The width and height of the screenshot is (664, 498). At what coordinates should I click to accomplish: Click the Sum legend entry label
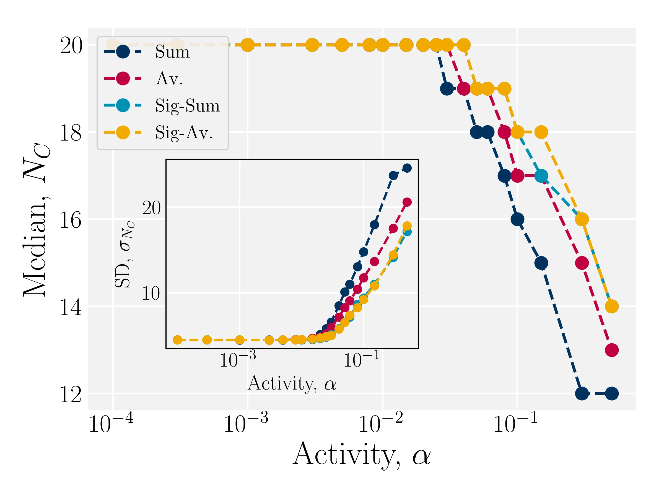[172, 52]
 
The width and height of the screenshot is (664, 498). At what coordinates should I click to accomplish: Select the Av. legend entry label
[169, 79]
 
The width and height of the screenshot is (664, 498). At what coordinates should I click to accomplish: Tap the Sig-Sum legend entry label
[187, 106]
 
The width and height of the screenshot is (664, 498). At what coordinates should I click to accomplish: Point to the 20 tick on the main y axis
[71, 46]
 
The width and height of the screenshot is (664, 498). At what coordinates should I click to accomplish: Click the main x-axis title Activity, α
[361, 455]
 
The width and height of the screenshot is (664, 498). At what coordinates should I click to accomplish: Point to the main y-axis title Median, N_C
[36, 219]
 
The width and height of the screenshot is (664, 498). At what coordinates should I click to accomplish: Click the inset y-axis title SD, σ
[124, 254]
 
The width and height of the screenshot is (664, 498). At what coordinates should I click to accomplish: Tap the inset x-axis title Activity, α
[292, 383]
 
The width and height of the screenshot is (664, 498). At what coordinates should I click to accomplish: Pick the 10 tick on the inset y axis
[151, 293]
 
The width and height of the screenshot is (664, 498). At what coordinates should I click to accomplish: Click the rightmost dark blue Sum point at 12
[612, 393]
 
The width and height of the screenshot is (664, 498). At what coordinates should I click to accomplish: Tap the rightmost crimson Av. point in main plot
[612, 350]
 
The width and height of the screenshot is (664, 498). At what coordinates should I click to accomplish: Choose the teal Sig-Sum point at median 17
[541, 176]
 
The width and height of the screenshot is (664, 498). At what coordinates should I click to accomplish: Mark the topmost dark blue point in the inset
[407, 168]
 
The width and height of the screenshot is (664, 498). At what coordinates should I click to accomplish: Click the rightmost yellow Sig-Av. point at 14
[612, 307]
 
